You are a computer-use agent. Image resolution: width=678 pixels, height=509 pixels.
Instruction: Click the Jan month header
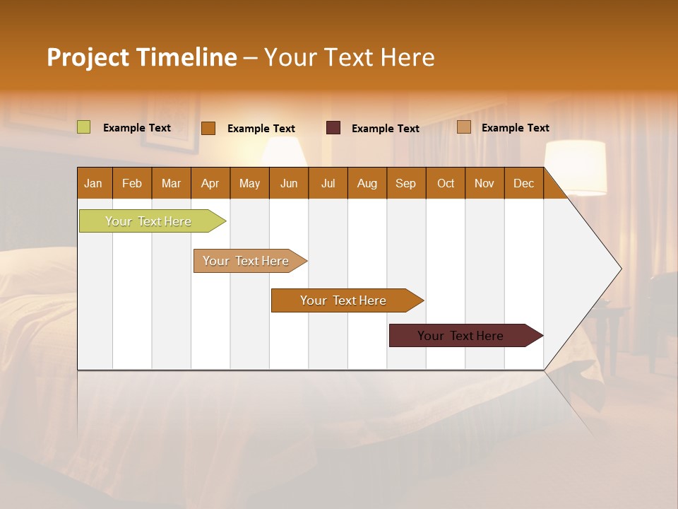pyautogui.click(x=94, y=183)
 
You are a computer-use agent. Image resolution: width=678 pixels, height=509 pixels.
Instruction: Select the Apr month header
pyautogui.click(x=210, y=183)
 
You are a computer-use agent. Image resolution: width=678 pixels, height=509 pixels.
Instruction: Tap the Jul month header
pyautogui.click(x=328, y=183)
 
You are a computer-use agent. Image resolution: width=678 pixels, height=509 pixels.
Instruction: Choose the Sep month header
pyautogui.click(x=405, y=183)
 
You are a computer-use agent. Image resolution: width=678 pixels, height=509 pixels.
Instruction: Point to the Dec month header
pyautogui.click(x=523, y=183)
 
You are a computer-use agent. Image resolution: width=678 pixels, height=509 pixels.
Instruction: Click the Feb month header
pyautogui.click(x=132, y=183)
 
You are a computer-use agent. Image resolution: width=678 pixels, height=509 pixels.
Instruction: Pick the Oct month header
pyautogui.click(x=446, y=183)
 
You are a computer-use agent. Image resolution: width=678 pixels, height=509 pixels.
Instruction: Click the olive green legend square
pyautogui.click(x=83, y=127)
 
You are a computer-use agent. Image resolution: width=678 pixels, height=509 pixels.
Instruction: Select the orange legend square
pyautogui.click(x=208, y=128)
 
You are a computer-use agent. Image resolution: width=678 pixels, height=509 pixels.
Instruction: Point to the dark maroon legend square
pyautogui.click(x=333, y=128)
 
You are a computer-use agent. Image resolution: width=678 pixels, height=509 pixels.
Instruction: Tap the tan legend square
pyautogui.click(x=463, y=127)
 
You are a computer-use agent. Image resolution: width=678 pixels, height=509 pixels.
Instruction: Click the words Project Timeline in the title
pyautogui.click(x=142, y=57)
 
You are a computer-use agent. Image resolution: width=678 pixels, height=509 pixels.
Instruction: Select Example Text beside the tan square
pyautogui.click(x=515, y=128)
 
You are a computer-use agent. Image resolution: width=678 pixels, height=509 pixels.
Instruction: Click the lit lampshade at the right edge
pyautogui.click(x=576, y=168)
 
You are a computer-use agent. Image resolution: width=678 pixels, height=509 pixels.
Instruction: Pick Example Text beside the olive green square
pyautogui.click(x=137, y=128)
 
